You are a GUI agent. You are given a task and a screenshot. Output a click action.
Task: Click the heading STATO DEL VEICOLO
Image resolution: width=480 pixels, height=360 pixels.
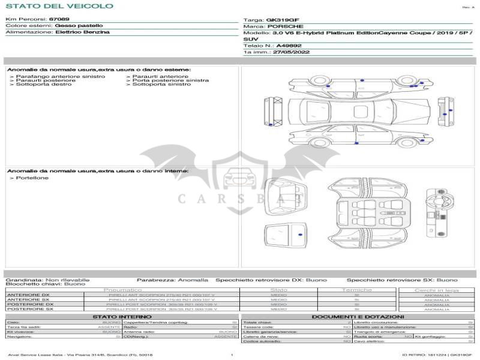59,6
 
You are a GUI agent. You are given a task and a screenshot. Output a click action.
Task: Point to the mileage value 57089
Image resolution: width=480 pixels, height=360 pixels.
59,19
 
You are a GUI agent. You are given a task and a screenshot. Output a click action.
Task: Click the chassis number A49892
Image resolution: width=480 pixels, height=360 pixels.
289,46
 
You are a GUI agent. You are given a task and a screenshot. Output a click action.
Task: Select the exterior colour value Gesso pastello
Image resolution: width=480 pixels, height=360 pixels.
79,26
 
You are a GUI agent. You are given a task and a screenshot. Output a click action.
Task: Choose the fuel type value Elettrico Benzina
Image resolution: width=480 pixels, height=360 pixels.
82,32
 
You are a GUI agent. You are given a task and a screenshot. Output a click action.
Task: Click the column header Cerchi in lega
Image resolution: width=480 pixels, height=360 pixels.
436,290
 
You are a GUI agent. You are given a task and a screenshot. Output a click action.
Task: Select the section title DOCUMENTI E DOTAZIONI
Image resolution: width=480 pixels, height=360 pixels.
358,316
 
